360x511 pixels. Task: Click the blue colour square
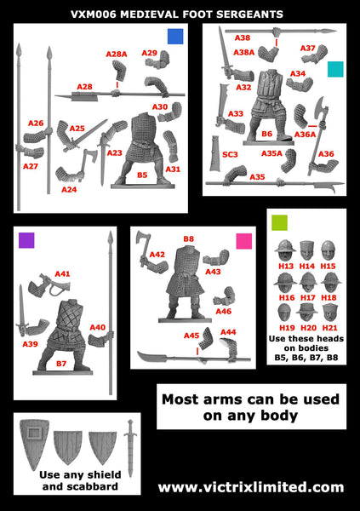click(175, 36)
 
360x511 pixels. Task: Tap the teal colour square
click(335, 69)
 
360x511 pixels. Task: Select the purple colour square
click(27, 239)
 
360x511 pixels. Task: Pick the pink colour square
click(243, 240)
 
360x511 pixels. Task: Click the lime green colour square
click(279, 223)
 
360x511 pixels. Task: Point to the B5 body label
click(142, 175)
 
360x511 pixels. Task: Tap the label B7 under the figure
click(60, 363)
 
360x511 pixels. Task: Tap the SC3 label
click(229, 154)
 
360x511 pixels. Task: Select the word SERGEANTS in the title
click(240, 14)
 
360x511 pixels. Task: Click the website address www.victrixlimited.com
click(251, 487)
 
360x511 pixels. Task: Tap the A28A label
click(117, 55)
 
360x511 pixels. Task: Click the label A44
click(228, 331)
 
